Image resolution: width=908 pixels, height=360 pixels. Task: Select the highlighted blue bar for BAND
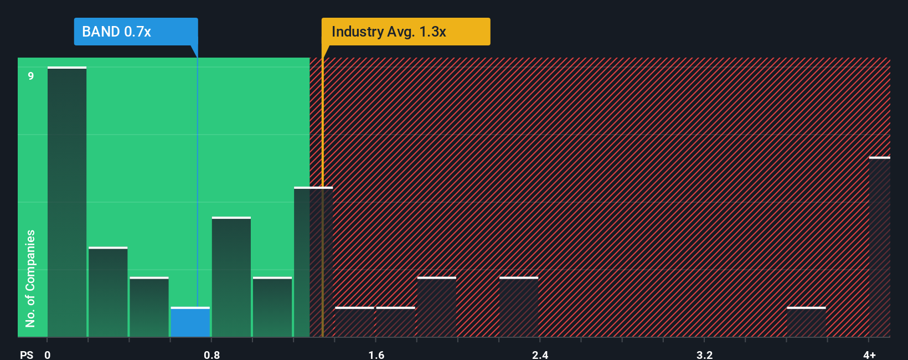pos(190,322)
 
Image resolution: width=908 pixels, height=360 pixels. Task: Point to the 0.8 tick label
pos(212,354)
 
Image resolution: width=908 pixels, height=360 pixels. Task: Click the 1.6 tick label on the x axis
pos(376,354)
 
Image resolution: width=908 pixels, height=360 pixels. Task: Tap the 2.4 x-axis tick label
pos(540,354)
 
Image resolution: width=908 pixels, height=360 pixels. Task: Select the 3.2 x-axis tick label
pos(704,354)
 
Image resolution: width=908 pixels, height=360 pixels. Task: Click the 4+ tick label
pos(869,354)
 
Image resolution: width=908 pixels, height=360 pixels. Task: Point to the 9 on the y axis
pos(31,76)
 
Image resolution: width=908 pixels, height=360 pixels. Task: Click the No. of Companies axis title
pos(30,278)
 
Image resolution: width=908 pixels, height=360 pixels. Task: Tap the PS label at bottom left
pos(27,354)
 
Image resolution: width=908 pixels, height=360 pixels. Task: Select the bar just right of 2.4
pos(519,307)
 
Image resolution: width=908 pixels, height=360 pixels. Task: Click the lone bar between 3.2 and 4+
pos(806,322)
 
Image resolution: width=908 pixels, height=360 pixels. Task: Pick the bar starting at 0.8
pos(231,277)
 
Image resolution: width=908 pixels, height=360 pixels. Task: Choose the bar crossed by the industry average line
pos(313,263)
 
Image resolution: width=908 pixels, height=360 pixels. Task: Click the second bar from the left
pos(108,292)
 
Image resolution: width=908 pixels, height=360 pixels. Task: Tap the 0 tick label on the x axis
pos(48,354)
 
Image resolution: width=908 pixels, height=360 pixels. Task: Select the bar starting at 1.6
pos(395,322)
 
